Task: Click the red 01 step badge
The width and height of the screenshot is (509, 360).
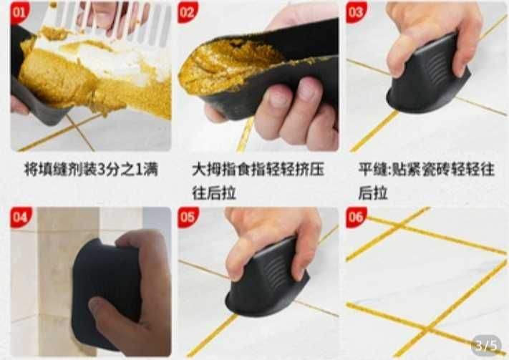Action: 20,12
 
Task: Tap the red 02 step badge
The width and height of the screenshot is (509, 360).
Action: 188,12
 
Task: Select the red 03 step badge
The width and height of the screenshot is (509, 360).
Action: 356,12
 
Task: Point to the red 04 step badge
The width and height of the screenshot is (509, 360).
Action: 21,217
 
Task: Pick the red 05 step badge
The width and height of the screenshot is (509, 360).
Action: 188,217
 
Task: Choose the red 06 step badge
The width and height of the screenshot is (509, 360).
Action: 356,217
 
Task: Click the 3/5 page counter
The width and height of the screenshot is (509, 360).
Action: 486,346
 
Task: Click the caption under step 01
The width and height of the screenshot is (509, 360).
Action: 91,170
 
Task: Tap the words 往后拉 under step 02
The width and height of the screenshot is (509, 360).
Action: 214,193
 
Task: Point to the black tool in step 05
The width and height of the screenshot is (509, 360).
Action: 267,280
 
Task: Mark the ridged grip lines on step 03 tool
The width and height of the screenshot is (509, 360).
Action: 437,67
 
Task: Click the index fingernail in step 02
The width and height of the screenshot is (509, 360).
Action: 278,97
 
